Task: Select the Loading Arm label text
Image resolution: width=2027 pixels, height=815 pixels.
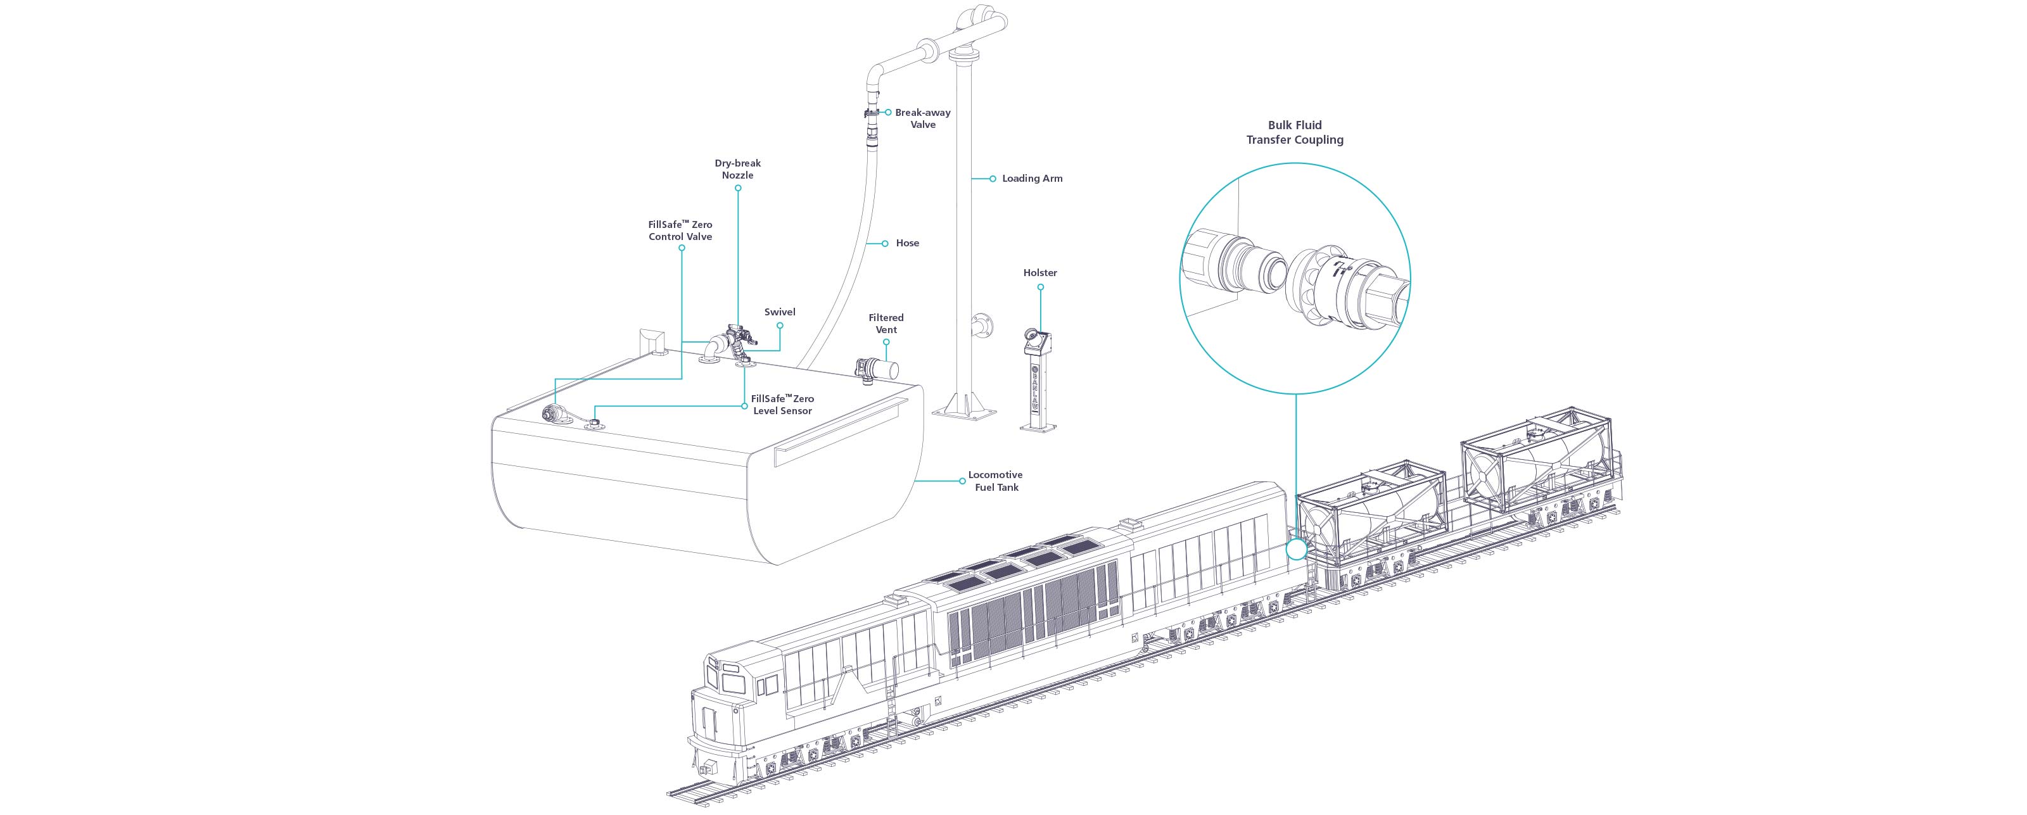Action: (1032, 179)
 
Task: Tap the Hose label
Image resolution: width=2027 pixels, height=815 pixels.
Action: (907, 243)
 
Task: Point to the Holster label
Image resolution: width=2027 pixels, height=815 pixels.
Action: (1040, 273)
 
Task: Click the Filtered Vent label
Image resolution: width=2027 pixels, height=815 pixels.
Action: (886, 324)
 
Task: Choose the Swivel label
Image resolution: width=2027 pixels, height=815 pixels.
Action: (780, 312)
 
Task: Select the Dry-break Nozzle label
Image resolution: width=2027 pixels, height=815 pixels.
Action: (737, 169)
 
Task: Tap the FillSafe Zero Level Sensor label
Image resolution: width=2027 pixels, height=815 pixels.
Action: (782, 405)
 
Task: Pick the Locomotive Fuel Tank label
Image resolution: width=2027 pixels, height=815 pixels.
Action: (995, 481)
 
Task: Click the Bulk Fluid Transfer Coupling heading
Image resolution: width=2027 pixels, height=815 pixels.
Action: (1294, 132)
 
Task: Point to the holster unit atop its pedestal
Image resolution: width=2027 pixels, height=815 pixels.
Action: (1036, 342)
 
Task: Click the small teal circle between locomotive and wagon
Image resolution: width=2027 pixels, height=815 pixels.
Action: (1295, 549)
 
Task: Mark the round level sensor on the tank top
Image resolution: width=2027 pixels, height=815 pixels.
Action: (594, 424)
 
